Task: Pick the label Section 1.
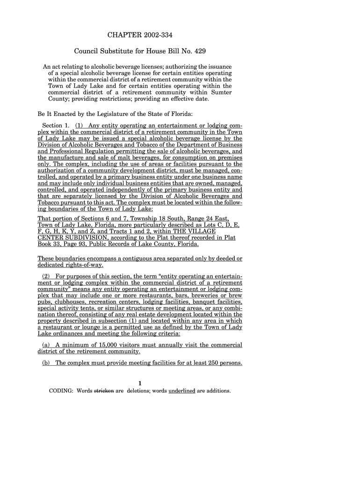55,126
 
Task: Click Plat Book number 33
62,244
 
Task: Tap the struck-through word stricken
104,391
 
